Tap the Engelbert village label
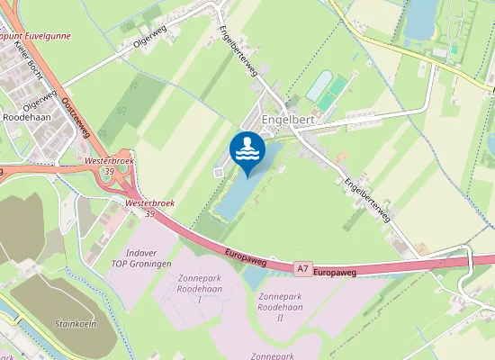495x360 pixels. pyautogui.click(x=288, y=118)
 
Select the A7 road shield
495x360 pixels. pyautogui.click(x=304, y=266)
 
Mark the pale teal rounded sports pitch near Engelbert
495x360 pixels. pyautogui.click(x=319, y=86)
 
